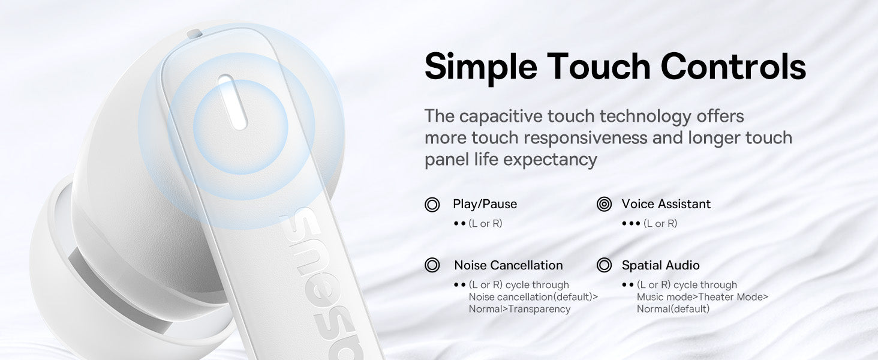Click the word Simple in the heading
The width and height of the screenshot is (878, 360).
tap(481, 67)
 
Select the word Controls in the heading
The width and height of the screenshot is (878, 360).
tap(733, 66)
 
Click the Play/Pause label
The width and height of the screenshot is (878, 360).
tap(485, 204)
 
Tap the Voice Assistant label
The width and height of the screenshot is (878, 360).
tap(666, 204)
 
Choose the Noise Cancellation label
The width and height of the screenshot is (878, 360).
tap(509, 265)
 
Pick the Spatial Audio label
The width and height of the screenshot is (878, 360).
tap(660, 265)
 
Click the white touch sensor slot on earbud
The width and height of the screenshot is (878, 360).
tap(233, 102)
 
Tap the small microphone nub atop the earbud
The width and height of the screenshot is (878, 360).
tap(194, 34)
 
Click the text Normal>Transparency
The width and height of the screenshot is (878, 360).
tap(519, 309)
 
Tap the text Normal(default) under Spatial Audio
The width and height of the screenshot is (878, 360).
tap(673, 309)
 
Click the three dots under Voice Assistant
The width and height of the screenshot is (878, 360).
tap(631, 224)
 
